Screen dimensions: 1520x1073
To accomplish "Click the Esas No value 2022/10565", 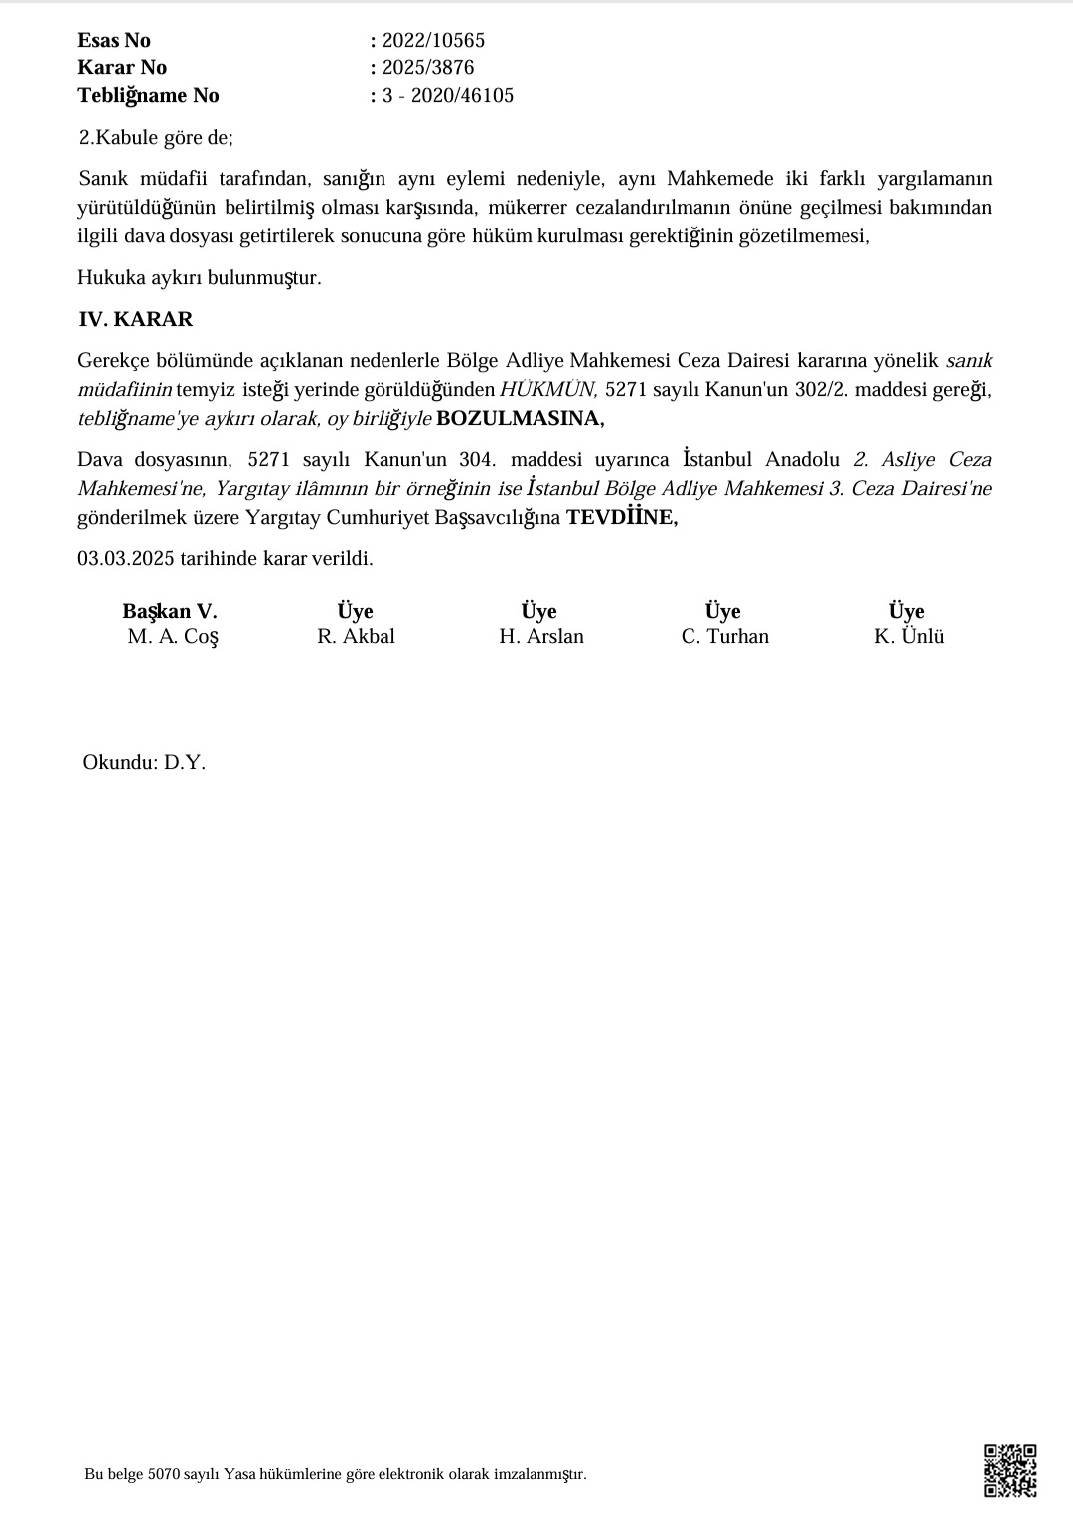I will click(x=433, y=41).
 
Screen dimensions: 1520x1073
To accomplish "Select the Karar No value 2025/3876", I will click(x=428, y=68).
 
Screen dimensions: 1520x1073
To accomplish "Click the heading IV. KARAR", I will click(x=136, y=320).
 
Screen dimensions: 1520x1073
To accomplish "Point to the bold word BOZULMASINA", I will click(x=520, y=418).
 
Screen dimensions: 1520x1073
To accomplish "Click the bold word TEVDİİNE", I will click(x=622, y=518).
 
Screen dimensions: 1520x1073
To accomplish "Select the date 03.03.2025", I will click(x=126, y=558).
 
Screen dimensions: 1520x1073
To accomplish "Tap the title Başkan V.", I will click(x=170, y=611).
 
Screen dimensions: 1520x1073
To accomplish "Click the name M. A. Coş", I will click(x=173, y=637).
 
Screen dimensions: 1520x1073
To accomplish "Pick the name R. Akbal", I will click(x=356, y=637).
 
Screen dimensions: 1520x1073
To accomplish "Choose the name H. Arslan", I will click(x=541, y=637).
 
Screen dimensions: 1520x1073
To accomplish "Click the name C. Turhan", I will click(x=724, y=637).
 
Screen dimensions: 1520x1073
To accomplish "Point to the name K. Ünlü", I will click(x=909, y=637).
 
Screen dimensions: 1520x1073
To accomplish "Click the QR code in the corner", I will click(x=1009, y=1470).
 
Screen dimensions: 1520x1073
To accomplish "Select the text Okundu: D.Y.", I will click(x=144, y=763).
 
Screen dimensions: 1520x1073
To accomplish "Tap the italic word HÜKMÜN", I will click(x=548, y=389).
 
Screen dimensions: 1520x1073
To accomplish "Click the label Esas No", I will click(x=114, y=41).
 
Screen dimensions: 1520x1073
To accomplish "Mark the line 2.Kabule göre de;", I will click(x=156, y=138).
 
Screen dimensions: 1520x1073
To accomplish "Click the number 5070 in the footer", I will click(x=163, y=1474).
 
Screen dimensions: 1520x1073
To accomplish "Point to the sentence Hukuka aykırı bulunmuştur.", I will click(x=200, y=278).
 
